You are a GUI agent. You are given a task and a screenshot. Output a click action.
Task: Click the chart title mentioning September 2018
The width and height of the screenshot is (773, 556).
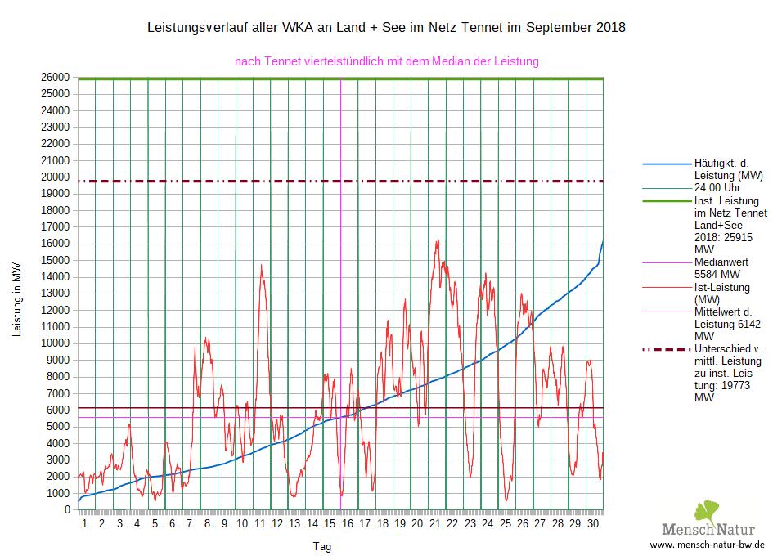[x=385, y=28]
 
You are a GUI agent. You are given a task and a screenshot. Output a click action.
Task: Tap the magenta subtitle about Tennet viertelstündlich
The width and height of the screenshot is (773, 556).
[x=386, y=61]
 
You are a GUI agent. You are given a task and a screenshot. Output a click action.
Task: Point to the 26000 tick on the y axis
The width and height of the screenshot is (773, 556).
[x=56, y=77]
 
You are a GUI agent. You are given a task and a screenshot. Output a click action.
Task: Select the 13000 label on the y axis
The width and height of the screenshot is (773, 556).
[x=56, y=294]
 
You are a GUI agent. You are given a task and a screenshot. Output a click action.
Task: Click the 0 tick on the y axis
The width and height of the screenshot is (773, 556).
[x=69, y=510]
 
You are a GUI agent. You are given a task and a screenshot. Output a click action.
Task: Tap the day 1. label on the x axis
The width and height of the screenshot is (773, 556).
[x=86, y=523]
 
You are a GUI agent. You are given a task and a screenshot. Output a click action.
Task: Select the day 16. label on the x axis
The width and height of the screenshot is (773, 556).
[x=348, y=523]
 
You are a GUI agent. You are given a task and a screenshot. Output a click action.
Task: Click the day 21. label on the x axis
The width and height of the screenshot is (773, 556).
[x=435, y=523]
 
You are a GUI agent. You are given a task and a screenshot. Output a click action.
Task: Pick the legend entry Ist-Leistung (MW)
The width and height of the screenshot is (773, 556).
[x=727, y=294]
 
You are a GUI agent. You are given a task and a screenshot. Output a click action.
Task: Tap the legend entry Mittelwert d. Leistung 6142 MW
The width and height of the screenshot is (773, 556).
[x=727, y=323]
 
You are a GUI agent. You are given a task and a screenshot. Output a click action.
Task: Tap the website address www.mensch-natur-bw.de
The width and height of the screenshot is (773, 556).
[x=707, y=545]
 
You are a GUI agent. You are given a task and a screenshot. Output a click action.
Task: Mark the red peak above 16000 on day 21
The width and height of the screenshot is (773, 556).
[x=438, y=240]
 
